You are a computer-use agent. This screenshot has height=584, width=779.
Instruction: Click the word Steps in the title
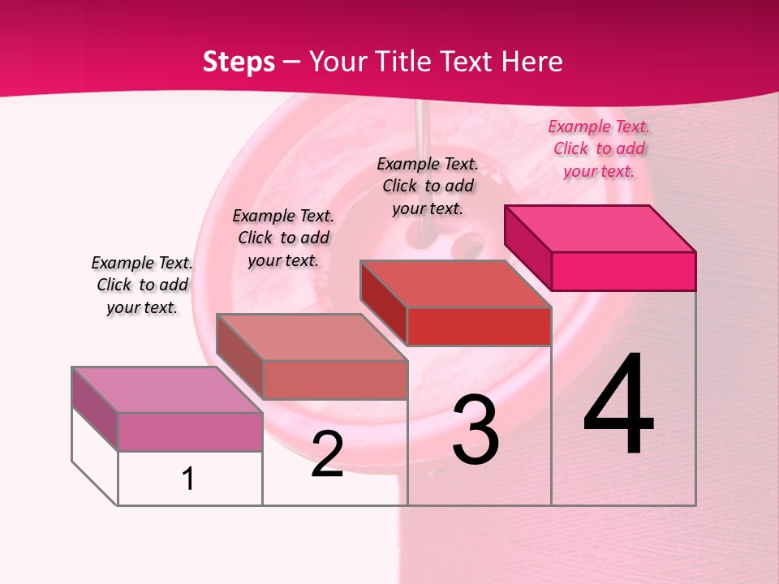coord(238,62)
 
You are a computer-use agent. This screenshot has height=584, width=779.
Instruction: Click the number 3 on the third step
coord(476,430)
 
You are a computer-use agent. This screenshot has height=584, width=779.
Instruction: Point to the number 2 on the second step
coord(327,454)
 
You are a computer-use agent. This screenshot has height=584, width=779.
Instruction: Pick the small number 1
coord(188,479)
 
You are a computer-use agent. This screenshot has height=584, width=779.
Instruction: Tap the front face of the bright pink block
coord(623,271)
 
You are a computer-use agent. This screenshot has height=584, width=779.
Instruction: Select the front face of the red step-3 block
coord(479,326)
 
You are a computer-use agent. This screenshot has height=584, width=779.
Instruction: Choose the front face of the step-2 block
coord(334,380)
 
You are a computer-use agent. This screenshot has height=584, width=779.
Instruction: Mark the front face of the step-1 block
coord(190,432)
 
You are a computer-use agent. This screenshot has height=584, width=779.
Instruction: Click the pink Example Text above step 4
coord(599,148)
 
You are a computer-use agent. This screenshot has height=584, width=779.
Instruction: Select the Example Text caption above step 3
coord(428,186)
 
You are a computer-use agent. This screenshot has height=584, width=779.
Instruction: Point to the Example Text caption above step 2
coord(283,238)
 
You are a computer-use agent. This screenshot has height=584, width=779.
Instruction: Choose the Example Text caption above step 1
coord(142,285)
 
